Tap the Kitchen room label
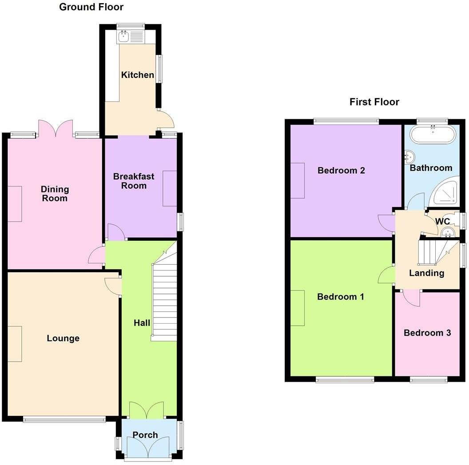point(138,75)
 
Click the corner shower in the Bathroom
point(445,191)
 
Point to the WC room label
point(442,221)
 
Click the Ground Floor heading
point(91,7)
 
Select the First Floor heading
point(374,102)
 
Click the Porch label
point(145,435)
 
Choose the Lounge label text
point(63,338)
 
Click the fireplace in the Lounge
point(15,344)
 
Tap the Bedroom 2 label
point(341,170)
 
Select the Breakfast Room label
point(134,181)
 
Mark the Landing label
point(426,273)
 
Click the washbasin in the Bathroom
point(409,156)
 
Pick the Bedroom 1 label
point(341,297)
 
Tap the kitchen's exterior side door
point(167,119)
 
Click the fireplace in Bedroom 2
point(298,180)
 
